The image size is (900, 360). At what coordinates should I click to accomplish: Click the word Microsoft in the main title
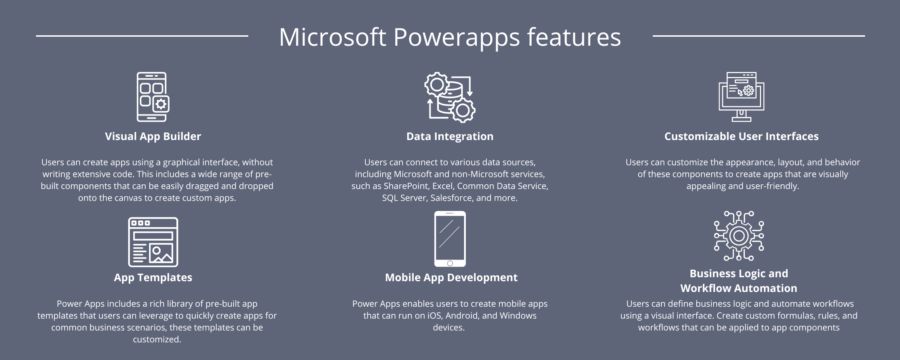click(332, 37)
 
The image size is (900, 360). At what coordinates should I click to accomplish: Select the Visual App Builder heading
click(153, 136)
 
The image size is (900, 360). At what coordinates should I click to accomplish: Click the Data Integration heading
click(450, 136)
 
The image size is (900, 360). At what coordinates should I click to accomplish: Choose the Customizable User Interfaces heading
click(741, 136)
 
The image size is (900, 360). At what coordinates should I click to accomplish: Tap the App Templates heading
click(153, 278)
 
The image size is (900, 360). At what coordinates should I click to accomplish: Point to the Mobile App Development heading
click(451, 278)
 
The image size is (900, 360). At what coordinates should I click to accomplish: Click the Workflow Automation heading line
click(739, 288)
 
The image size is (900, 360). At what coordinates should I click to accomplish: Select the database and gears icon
click(450, 97)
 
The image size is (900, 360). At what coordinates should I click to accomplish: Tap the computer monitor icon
click(741, 96)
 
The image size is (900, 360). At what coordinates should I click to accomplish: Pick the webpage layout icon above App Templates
click(153, 242)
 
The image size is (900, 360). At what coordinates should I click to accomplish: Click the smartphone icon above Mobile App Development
click(450, 239)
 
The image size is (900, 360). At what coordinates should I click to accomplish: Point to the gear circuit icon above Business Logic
click(739, 236)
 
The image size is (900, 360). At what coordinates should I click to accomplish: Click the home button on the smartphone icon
click(450, 263)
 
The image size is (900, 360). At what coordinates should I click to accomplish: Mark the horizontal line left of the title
click(142, 36)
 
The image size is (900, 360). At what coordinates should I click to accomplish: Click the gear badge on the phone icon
click(161, 104)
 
